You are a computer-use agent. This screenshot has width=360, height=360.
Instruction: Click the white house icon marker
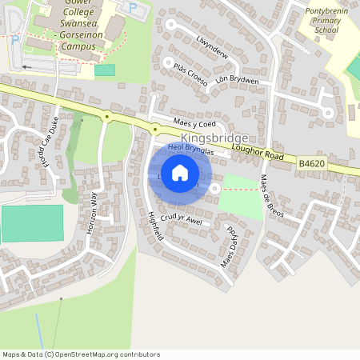180,172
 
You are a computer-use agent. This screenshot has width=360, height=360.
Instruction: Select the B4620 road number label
312,163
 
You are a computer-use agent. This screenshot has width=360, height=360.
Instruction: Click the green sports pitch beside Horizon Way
32,223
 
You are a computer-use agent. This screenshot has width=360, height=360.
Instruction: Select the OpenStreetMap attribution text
81,354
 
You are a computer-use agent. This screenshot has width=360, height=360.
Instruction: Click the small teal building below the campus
105,70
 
